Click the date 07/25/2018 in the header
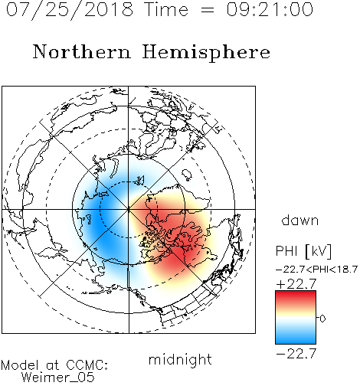click(70, 10)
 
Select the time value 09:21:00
click(270, 10)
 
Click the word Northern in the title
click(82, 51)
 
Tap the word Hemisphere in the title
click(206, 53)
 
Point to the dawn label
click(300, 221)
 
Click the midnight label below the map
click(180, 359)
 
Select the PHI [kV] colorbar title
click(304, 251)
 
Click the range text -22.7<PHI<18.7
click(316, 270)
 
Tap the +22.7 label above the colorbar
click(296, 284)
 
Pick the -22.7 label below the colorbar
click(296, 354)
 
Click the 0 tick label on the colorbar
click(322, 319)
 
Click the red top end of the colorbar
click(296, 293)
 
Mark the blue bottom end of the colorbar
click(296, 342)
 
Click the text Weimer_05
click(58, 378)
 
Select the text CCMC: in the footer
click(87, 365)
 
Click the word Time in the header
click(166, 10)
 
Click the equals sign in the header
click(208, 10)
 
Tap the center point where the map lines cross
click(129, 209)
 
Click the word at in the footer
click(53, 365)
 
